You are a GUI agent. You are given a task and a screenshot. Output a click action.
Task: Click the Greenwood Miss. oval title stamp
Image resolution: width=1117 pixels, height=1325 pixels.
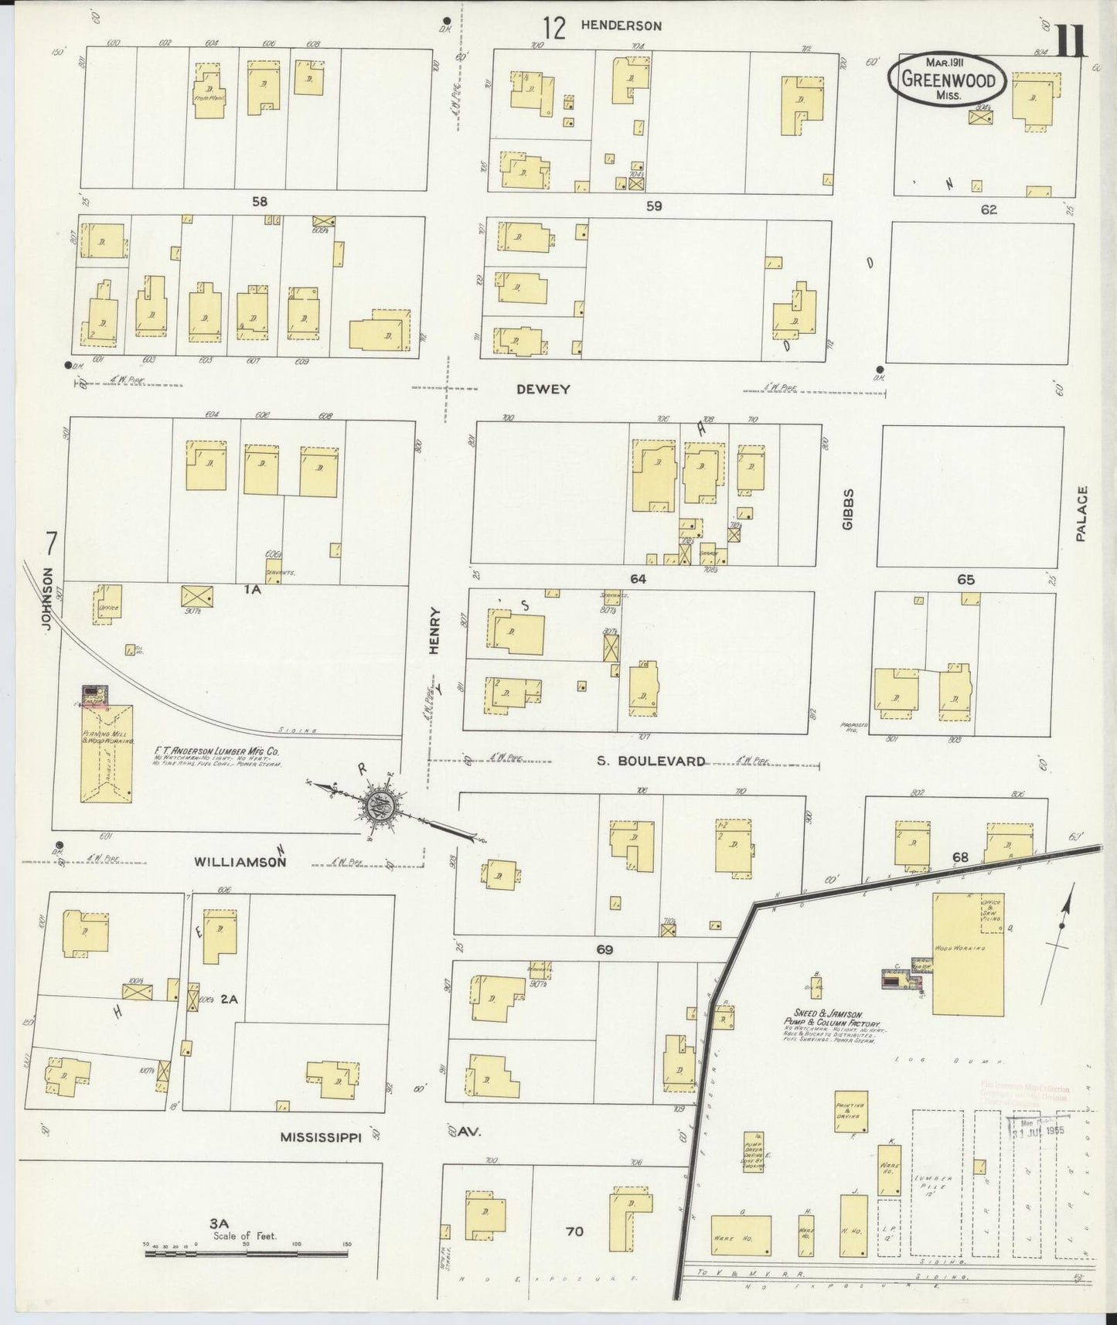pyautogui.click(x=948, y=79)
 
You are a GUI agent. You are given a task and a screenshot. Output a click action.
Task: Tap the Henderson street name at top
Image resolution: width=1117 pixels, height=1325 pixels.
pyautogui.click(x=621, y=26)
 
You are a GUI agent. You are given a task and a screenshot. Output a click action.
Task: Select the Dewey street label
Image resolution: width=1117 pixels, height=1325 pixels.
pyautogui.click(x=543, y=390)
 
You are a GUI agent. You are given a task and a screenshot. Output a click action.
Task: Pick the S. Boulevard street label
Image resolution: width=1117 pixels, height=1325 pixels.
pyautogui.click(x=651, y=761)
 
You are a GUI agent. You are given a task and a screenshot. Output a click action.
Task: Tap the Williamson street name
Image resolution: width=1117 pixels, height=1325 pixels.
pyautogui.click(x=240, y=861)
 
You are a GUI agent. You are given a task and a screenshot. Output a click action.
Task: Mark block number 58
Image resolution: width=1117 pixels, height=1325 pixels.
pyautogui.click(x=259, y=202)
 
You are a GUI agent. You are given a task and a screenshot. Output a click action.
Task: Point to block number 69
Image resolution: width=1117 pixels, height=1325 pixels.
pyautogui.click(x=604, y=949)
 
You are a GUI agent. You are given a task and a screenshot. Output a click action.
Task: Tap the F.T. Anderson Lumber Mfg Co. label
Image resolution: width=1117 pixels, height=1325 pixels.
pyautogui.click(x=216, y=750)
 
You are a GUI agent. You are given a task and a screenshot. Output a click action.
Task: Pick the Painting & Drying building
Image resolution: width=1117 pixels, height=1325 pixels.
pyautogui.click(x=850, y=1112)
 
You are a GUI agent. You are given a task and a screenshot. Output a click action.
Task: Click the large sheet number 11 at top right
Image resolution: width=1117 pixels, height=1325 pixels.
pyautogui.click(x=1071, y=40)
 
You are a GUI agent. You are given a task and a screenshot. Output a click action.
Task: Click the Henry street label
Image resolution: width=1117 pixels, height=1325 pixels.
pyautogui.click(x=434, y=631)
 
